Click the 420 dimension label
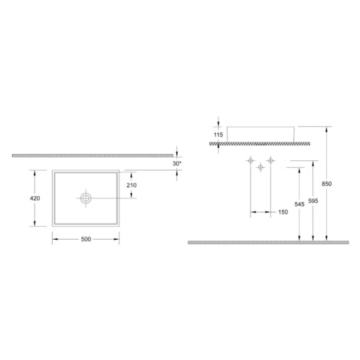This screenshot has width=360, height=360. click(35, 198)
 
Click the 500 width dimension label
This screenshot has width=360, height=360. click(86, 239)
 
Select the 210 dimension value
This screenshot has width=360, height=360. click(132, 185)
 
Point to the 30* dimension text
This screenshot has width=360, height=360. click(177, 164)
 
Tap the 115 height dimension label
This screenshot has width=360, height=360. click(218, 135)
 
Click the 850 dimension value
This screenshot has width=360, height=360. click(326, 184)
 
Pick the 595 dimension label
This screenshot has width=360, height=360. click(313, 201)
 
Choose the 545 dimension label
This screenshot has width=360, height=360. click(299, 205)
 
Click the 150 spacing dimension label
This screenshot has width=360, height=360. click(283, 212)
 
